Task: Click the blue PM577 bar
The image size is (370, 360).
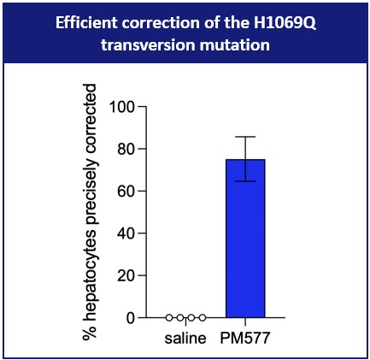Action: click(x=245, y=239)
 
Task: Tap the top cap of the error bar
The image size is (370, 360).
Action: click(x=245, y=137)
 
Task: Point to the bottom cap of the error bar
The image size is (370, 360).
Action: click(x=245, y=180)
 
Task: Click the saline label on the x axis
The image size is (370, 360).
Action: click(x=186, y=338)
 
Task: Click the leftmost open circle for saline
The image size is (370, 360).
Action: click(x=169, y=317)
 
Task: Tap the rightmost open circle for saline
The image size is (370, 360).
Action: click(x=203, y=317)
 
